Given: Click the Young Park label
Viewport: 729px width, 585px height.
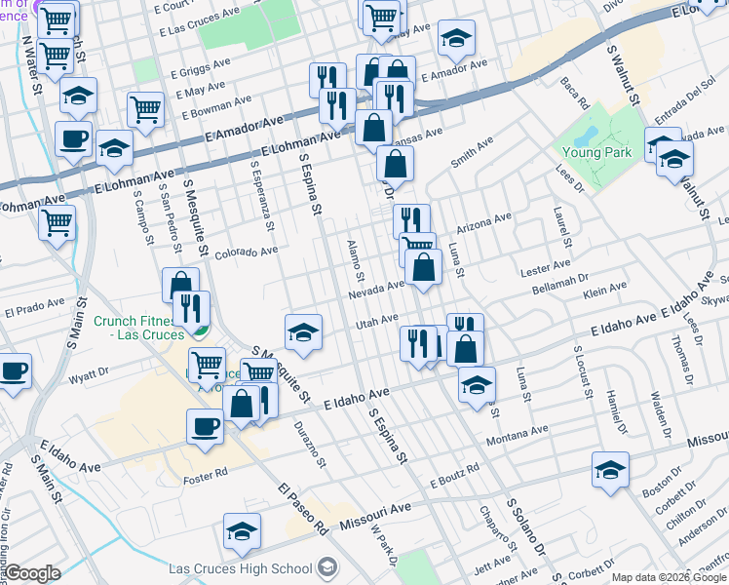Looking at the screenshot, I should coord(598,152).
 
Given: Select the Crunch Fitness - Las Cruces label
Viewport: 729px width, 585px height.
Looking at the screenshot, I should coord(137,327).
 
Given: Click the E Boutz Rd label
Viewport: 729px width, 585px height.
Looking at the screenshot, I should coord(454,476).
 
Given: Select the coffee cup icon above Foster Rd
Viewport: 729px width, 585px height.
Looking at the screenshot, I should coord(206,425).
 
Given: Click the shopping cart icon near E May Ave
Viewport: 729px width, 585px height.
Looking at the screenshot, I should coord(145,109).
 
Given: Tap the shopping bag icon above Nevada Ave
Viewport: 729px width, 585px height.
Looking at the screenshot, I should coord(424,265).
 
